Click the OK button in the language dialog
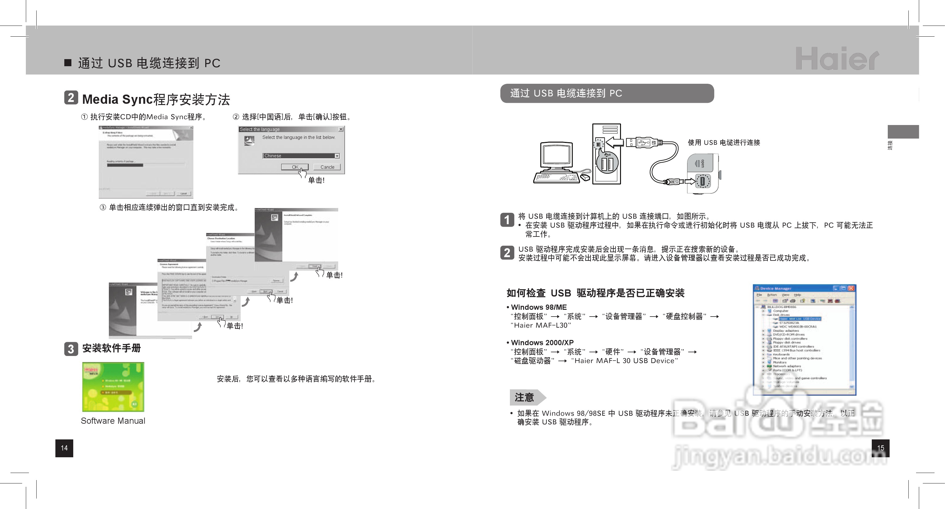[294, 167]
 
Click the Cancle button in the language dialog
[327, 167]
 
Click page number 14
[64, 448]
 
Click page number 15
[880, 448]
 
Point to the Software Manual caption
[113, 421]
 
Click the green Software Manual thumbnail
[113, 387]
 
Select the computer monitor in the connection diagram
[556, 156]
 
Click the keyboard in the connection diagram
[556, 178]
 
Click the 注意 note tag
[525, 397]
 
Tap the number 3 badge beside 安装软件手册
[71, 349]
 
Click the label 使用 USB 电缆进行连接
[724, 142]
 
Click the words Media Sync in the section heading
[117, 99]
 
